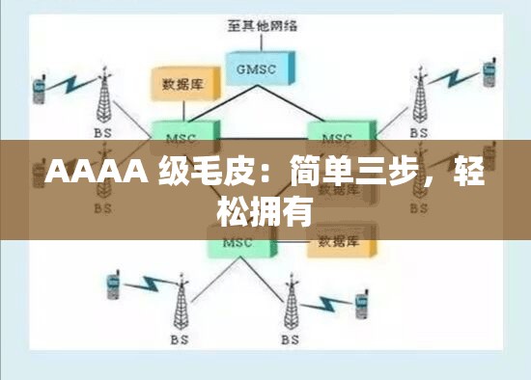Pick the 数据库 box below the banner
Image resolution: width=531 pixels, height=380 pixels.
pyautogui.click(x=338, y=241)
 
